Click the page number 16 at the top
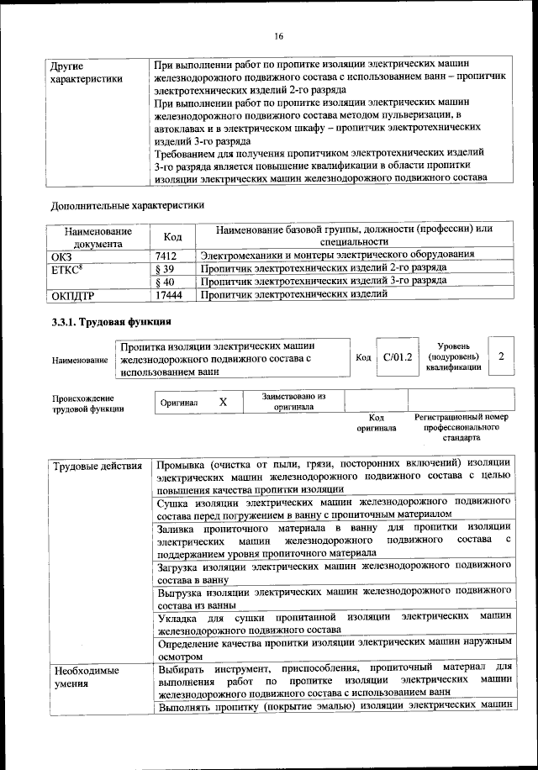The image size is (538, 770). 278,35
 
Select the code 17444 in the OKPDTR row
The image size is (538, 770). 169,295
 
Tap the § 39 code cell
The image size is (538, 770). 165,268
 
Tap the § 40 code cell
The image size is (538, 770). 165,282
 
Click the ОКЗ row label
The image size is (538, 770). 63,255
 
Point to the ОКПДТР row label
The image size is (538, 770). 75,295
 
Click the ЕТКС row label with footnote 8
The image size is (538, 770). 66,268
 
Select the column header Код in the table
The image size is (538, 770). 172,237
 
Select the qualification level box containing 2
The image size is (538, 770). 501,357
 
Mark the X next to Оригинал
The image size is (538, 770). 224,402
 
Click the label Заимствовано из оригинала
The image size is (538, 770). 293,401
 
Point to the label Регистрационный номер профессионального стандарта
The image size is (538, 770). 462,427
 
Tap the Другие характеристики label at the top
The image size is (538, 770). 87,71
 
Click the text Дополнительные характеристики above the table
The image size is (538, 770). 127,203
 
